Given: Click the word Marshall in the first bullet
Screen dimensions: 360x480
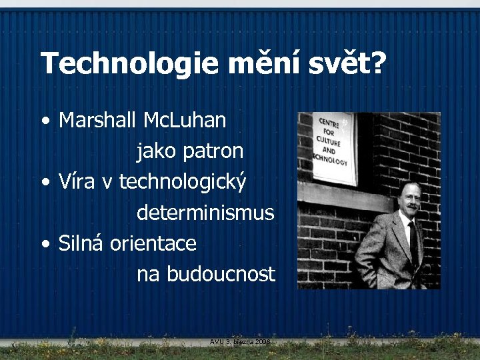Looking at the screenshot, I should (99, 120).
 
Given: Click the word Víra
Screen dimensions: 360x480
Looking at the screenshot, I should (77, 181).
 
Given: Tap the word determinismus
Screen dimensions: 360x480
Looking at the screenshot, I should (205, 213).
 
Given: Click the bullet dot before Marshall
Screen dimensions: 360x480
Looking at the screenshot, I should (45, 122).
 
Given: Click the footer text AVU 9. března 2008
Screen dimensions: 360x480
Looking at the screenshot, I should (239, 341).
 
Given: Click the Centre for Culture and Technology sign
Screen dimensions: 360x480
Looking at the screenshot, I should (334, 147).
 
